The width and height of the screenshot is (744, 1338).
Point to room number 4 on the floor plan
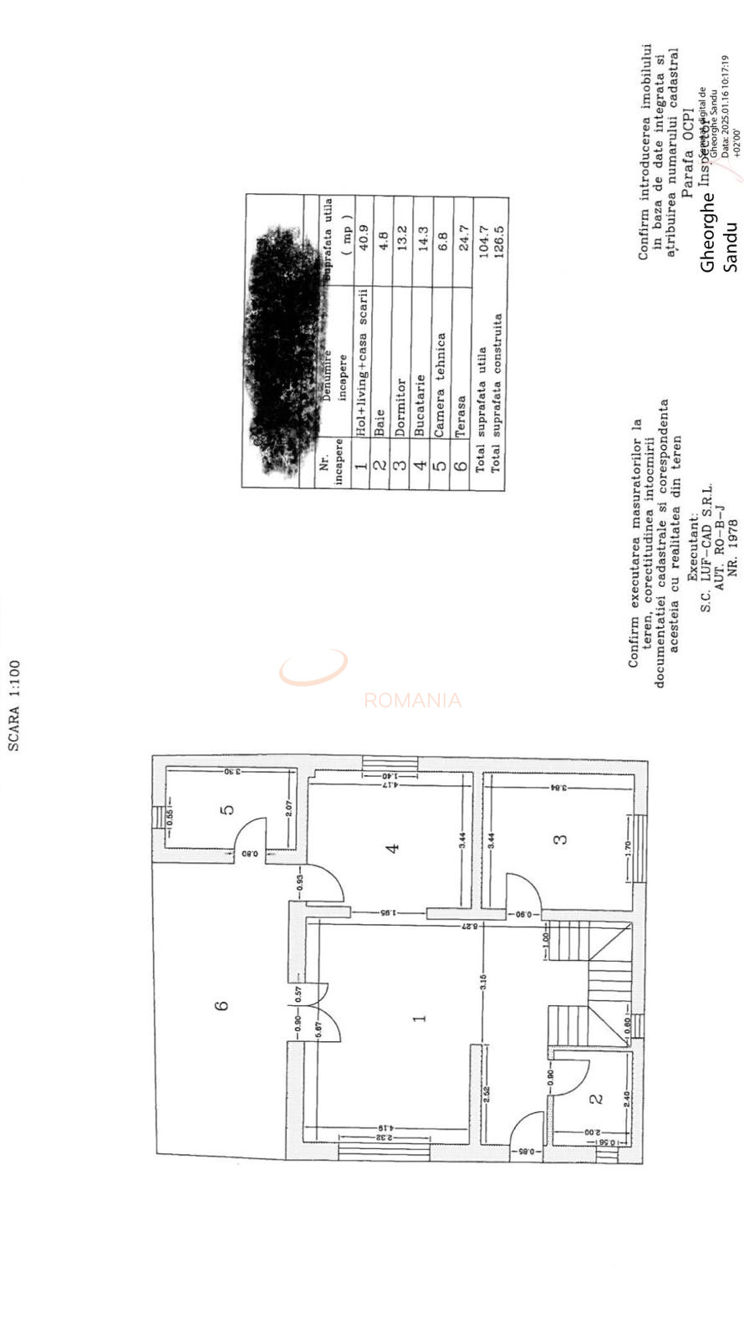[x=391, y=847]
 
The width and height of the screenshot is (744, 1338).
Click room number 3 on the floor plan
[x=562, y=838]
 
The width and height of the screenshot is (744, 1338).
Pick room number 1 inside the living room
[x=420, y=1018]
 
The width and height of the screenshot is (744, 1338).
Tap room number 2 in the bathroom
[x=595, y=1098]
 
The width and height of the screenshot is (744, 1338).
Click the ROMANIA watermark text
[x=412, y=701]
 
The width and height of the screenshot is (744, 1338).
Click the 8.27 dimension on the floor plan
[x=471, y=927]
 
